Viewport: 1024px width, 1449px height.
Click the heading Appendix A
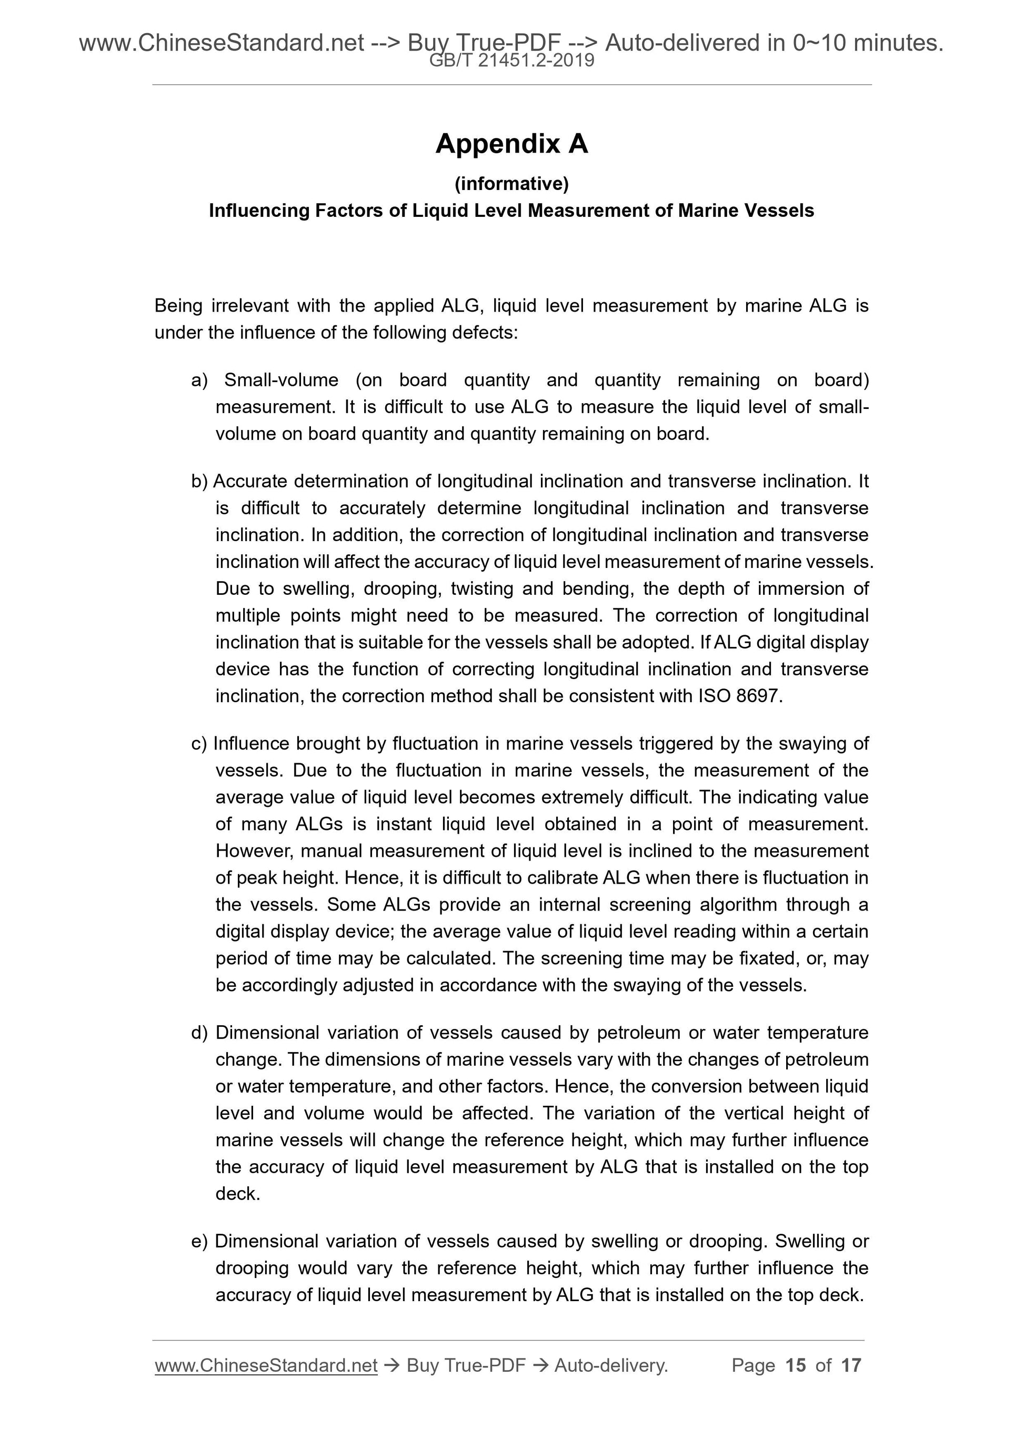(511, 144)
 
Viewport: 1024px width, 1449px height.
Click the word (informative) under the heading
(511, 184)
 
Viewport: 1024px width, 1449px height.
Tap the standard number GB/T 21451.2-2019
(511, 61)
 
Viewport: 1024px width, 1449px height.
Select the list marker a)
(199, 380)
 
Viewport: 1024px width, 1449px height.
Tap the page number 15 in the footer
(796, 1366)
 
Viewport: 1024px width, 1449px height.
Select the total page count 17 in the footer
(851, 1366)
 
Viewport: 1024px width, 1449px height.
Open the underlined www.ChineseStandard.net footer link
(266, 1366)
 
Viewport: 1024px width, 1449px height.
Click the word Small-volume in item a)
(282, 380)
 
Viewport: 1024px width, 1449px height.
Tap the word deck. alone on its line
(238, 1193)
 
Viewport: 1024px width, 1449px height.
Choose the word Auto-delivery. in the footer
(611, 1366)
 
